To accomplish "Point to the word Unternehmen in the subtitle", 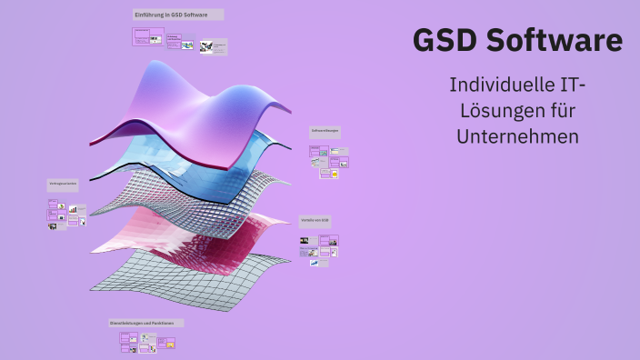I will pos(519,136).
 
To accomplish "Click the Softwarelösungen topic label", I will pos(324,130).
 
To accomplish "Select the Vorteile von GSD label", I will pos(315,220).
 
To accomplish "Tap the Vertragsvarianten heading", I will pos(63,184).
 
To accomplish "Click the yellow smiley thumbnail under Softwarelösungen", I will pos(335,173).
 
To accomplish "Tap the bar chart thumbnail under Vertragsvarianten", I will pos(73,209).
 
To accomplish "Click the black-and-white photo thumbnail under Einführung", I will pos(207,46).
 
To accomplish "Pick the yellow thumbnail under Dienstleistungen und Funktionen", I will pos(169,344).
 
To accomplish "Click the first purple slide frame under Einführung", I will pos(142,35).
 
